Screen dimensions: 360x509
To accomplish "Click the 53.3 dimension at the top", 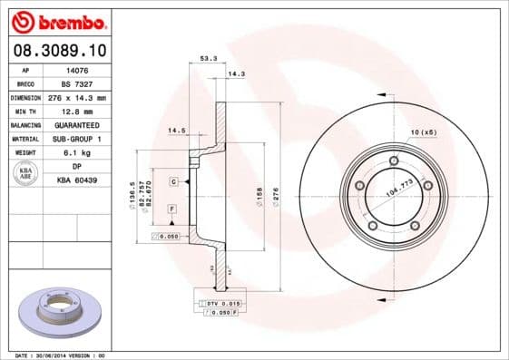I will click(207, 59).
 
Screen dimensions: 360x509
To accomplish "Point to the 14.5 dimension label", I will click(177, 131).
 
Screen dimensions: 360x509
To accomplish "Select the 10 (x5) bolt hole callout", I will click(423, 133).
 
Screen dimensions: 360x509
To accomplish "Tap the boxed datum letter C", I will click(171, 182).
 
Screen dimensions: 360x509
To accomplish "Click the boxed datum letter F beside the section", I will click(170, 209).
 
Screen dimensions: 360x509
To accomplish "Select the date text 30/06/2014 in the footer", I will click(60, 355).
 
